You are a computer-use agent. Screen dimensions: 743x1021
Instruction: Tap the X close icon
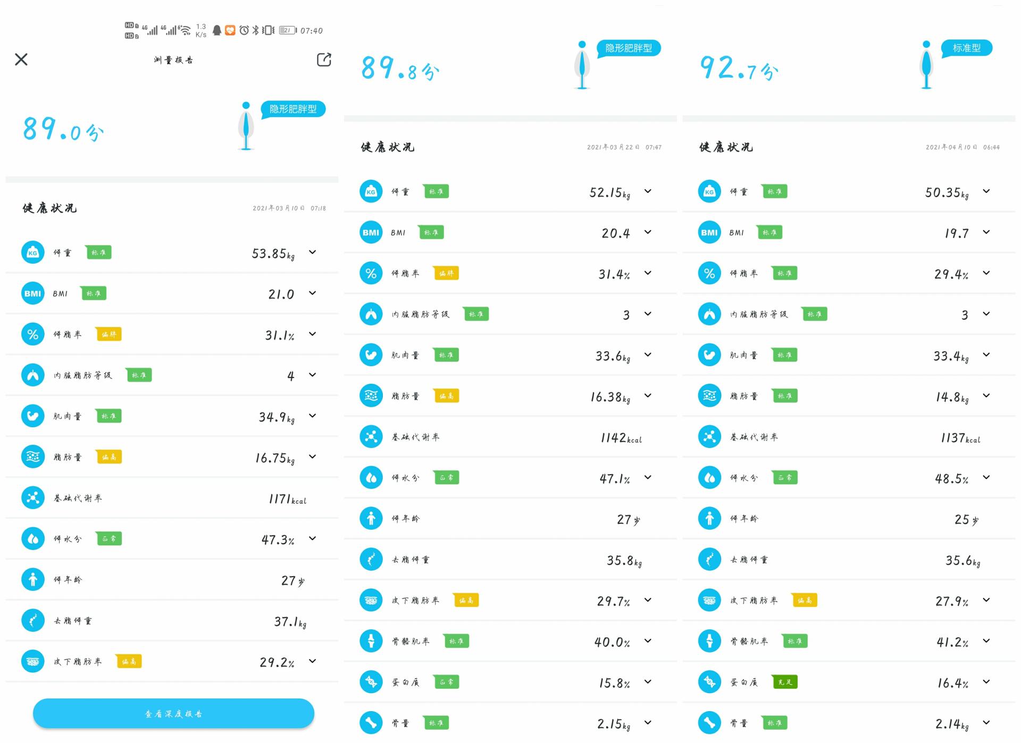pos(21,59)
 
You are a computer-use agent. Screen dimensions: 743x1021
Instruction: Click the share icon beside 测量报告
pos(324,60)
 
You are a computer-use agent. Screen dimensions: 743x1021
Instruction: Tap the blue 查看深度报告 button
pos(173,713)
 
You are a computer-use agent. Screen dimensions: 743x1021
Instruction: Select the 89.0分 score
pos(63,130)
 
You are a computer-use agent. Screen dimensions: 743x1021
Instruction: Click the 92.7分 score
pos(739,69)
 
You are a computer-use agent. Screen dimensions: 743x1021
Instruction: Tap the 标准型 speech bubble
pos(966,48)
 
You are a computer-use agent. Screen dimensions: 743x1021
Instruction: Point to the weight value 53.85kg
pos(273,254)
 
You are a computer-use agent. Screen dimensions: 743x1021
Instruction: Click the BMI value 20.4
pos(616,233)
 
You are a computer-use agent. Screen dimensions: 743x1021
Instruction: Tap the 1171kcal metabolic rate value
pos(287,499)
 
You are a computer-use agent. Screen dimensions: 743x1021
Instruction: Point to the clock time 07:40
pos(311,31)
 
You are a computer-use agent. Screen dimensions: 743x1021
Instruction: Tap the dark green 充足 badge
pos(785,682)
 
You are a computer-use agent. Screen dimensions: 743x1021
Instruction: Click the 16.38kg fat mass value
pos(610,397)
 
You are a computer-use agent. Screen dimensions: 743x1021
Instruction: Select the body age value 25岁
pos(966,520)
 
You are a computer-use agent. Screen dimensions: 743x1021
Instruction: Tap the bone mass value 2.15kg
pos(613,724)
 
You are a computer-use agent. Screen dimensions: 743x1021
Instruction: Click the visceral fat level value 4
pos(290,376)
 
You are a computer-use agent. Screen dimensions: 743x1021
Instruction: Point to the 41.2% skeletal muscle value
pos(952,643)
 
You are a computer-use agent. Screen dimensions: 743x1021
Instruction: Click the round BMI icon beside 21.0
pos(33,293)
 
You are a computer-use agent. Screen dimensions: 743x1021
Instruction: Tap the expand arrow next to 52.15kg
pos(648,191)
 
